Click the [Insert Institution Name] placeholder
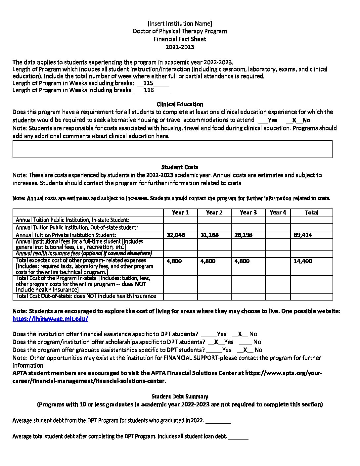point(180,23)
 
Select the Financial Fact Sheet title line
point(180,39)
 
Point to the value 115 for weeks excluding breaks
point(148,83)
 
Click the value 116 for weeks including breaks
point(149,90)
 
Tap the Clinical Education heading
point(180,104)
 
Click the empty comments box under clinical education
point(172,149)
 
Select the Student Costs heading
point(180,167)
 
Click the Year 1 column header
point(180,212)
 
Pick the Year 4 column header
point(278,212)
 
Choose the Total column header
point(311,212)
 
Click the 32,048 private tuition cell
point(176,235)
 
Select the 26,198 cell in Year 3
point(243,235)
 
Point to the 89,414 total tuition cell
point(303,235)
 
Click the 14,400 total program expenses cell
point(303,261)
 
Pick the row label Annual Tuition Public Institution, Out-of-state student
point(77,227)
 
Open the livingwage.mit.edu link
point(50,319)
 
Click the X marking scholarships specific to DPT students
point(216,342)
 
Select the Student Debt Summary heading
point(180,396)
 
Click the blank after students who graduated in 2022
point(218,421)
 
